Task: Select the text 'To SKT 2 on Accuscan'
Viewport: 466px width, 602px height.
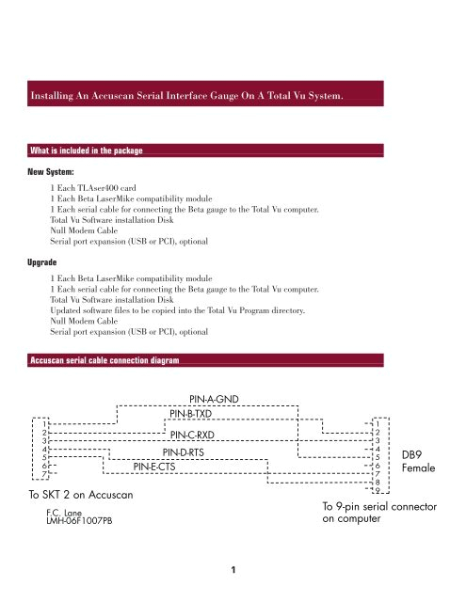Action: point(81,494)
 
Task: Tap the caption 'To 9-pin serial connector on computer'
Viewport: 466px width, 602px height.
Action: point(378,512)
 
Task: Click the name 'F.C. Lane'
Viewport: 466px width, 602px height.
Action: point(54,513)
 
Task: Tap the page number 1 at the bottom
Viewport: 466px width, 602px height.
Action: point(232,568)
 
